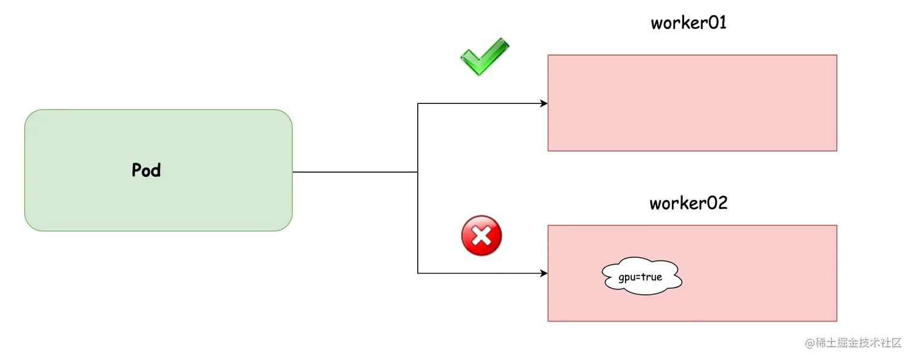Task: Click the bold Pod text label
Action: (x=146, y=170)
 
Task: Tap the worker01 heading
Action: (x=688, y=23)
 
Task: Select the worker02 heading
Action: (x=688, y=203)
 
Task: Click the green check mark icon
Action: (x=484, y=56)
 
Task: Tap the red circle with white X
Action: (x=481, y=236)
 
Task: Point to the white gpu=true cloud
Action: (x=642, y=278)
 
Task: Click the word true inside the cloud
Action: (x=652, y=278)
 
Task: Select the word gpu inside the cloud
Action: (x=626, y=278)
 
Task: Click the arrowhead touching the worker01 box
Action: (x=544, y=103)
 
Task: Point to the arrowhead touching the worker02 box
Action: (x=544, y=274)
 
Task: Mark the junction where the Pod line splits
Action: (x=418, y=172)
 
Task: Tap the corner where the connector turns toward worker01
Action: (x=418, y=103)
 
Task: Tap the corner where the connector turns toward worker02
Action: (x=418, y=274)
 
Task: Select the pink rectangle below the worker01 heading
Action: (x=692, y=103)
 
